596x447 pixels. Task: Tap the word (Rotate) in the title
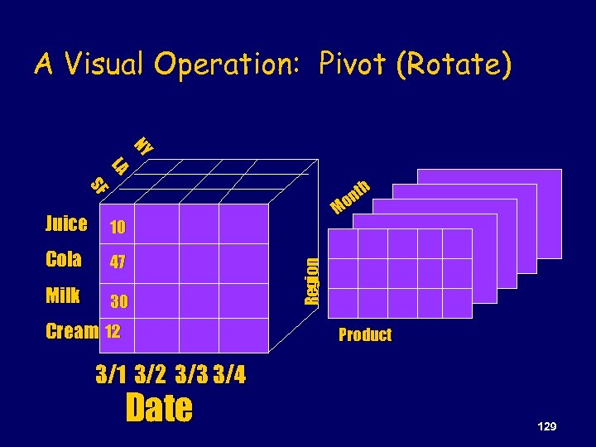click(x=454, y=65)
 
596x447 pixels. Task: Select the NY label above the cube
click(x=144, y=146)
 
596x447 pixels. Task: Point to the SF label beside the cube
click(x=99, y=186)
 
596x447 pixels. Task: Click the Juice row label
click(x=66, y=223)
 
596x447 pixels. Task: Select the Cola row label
click(x=64, y=259)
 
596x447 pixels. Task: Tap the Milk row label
click(x=63, y=296)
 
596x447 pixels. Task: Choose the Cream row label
click(x=71, y=331)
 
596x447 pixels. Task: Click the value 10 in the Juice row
click(x=117, y=228)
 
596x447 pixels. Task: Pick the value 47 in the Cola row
click(x=118, y=263)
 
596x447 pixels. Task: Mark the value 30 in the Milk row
click(x=118, y=301)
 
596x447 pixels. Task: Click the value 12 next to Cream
click(x=113, y=331)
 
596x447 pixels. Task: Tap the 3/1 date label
click(x=112, y=375)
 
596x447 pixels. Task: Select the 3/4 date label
click(x=229, y=375)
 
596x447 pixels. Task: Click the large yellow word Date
click(x=159, y=408)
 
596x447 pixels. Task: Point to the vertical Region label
click(x=310, y=281)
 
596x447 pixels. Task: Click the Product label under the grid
click(x=365, y=335)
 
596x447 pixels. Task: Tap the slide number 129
click(x=546, y=425)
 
